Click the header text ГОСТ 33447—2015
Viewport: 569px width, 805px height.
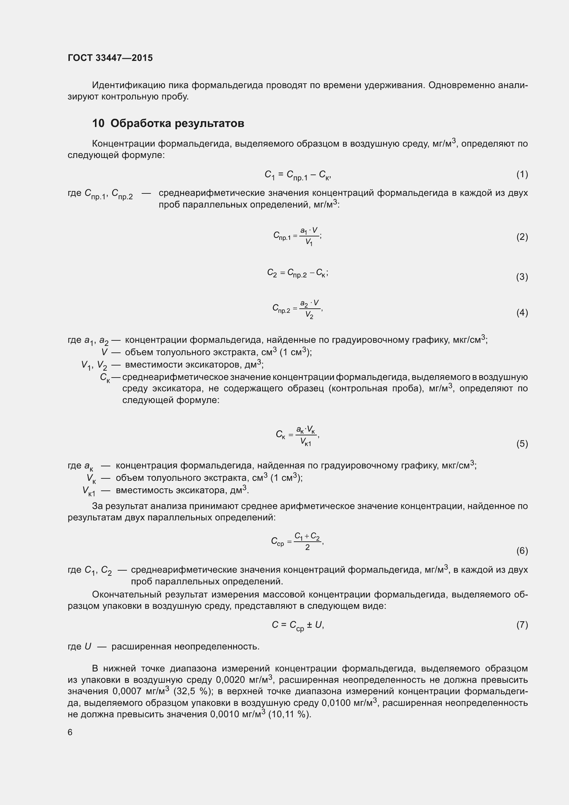point(110,58)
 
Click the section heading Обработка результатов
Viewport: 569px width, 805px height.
point(177,124)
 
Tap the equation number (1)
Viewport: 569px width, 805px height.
point(522,174)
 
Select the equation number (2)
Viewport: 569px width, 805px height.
point(522,237)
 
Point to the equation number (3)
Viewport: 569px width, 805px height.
point(522,277)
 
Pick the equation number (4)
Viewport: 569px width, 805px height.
point(522,313)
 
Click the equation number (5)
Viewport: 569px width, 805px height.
point(522,444)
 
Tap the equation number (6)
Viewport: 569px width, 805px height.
point(522,551)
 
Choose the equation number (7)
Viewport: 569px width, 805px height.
point(522,624)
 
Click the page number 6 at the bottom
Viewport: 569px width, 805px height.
point(70,732)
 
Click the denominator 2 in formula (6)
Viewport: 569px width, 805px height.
point(307,547)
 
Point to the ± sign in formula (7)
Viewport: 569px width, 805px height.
point(309,624)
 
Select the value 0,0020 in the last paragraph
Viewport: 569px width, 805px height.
point(230,680)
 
